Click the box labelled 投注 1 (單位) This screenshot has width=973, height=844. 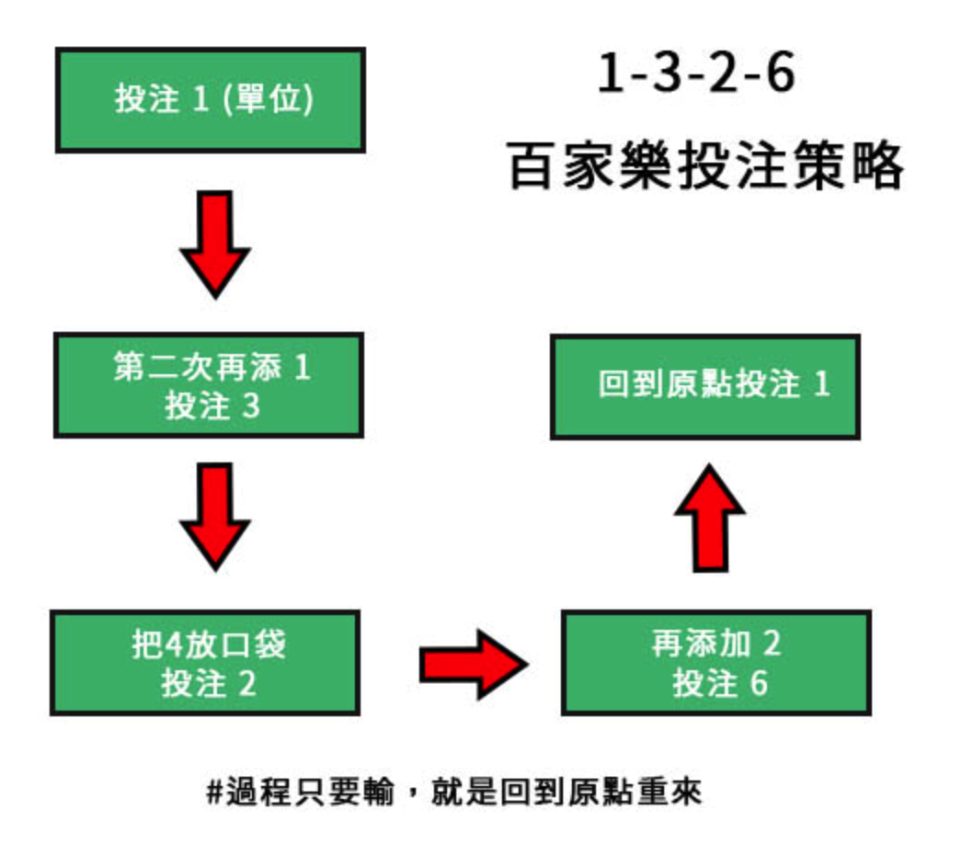tap(211, 100)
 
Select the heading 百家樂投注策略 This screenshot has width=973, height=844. tap(706, 166)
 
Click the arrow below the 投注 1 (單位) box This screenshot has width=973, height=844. tap(214, 241)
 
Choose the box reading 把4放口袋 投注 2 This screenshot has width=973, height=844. tap(204, 663)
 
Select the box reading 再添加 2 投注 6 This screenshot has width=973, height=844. tap(715, 663)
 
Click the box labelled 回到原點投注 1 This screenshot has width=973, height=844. tap(705, 386)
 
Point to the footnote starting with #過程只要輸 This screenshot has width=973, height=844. tap(454, 792)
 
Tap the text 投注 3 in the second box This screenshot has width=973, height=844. tap(212, 405)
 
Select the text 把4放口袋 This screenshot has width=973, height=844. tap(209, 644)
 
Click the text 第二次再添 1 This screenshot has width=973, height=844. tap(212, 368)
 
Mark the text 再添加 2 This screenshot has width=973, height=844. tap(715, 644)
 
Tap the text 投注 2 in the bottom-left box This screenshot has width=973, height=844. tap(209, 683)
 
